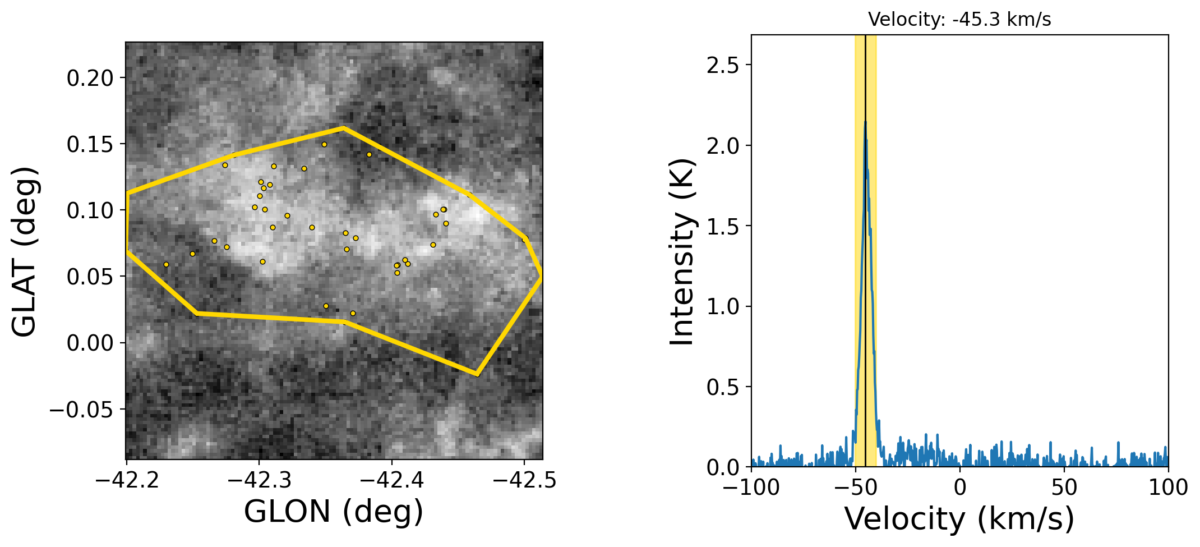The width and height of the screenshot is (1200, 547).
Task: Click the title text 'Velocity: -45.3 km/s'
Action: pyautogui.click(x=959, y=20)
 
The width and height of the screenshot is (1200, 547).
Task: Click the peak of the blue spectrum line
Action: pyautogui.click(x=865, y=122)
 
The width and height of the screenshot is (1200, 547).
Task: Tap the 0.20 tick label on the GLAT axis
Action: pyautogui.click(x=90, y=78)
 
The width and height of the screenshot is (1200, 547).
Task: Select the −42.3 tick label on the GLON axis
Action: pyautogui.click(x=259, y=481)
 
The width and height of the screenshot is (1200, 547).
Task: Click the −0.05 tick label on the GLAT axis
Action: pyautogui.click(x=82, y=410)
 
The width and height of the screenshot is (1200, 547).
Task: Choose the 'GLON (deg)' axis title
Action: pyautogui.click(x=334, y=511)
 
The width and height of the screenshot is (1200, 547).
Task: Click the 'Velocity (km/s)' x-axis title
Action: pyautogui.click(x=959, y=518)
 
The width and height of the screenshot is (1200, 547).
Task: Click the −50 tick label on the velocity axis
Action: pyautogui.click(x=856, y=488)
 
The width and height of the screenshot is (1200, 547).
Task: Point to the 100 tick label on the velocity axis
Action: pyautogui.click(x=1168, y=488)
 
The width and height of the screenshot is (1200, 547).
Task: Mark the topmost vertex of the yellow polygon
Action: pyautogui.click(x=343, y=128)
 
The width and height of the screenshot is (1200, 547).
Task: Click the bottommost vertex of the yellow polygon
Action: pyautogui.click(x=477, y=374)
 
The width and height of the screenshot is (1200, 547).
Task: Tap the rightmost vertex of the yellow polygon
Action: pyautogui.click(x=541, y=276)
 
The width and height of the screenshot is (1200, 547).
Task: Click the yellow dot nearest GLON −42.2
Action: pyautogui.click(x=166, y=264)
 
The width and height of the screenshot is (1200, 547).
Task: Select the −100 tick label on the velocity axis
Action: pyautogui.click(x=751, y=488)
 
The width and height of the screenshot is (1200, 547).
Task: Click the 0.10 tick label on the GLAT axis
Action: pyautogui.click(x=90, y=211)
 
